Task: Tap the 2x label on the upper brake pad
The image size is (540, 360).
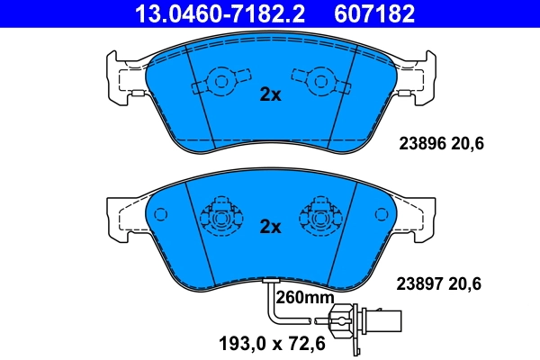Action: (x=270, y=94)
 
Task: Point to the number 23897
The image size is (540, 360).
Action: (x=419, y=283)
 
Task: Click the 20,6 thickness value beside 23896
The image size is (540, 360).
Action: (x=467, y=142)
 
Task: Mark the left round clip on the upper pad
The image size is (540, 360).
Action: (x=216, y=82)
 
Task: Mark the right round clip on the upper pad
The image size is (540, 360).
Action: (x=321, y=82)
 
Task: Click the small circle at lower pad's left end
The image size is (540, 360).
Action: (x=162, y=215)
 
